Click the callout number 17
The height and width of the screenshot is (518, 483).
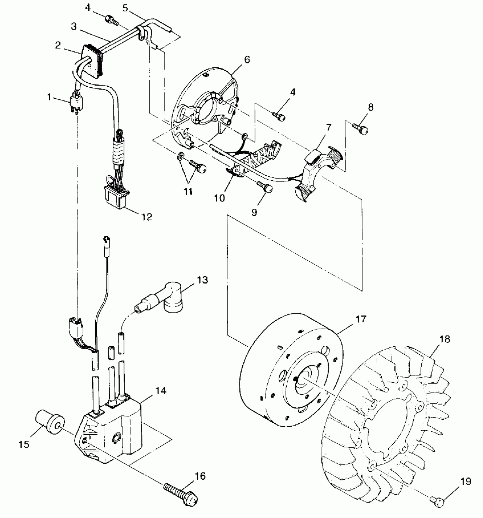click(361, 319)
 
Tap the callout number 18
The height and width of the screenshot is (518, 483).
click(445, 339)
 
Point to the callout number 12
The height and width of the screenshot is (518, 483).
click(147, 217)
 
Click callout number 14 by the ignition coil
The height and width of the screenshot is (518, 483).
click(161, 391)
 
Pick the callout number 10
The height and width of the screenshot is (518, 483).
click(219, 198)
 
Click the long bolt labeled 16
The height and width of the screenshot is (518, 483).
click(181, 495)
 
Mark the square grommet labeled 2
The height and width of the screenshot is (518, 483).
click(92, 61)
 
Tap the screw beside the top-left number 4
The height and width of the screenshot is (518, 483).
click(112, 20)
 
